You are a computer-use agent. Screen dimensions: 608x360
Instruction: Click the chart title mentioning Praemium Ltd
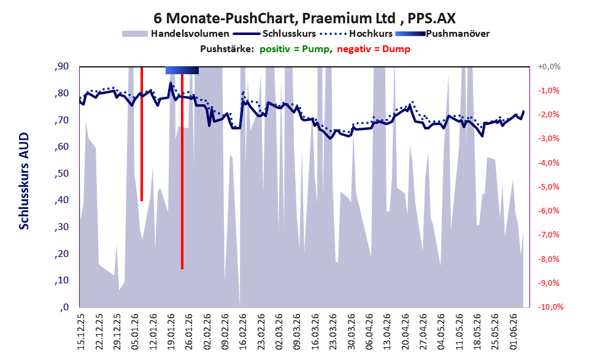click(304, 18)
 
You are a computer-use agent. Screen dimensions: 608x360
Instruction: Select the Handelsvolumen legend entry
click(175, 34)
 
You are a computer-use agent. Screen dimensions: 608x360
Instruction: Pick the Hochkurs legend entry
click(356, 34)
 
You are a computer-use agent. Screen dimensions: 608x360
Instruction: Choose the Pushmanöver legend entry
click(442, 34)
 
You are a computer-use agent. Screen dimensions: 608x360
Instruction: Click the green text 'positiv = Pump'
click(294, 49)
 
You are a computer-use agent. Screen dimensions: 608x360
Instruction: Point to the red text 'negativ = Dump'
click(374, 49)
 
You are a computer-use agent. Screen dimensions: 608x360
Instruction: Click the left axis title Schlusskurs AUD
click(24, 181)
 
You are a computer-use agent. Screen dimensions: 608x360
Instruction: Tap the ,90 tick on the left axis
click(61, 66)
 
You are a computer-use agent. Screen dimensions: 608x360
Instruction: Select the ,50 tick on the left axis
click(61, 173)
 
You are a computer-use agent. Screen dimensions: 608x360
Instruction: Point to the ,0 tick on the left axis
click(64, 307)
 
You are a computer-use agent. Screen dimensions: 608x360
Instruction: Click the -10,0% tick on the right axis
click(550, 307)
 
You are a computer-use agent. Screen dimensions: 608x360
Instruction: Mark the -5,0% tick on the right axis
click(548, 187)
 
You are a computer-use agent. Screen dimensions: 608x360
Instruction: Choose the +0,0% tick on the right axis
click(549, 67)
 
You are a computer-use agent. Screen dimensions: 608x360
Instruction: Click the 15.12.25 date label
click(81, 331)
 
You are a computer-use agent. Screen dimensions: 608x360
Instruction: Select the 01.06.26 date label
click(513, 331)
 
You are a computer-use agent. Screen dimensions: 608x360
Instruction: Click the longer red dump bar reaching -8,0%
click(182, 168)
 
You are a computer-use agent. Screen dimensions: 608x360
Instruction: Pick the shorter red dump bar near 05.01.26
click(142, 134)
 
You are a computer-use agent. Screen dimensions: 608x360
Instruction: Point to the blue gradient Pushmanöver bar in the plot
click(182, 70)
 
